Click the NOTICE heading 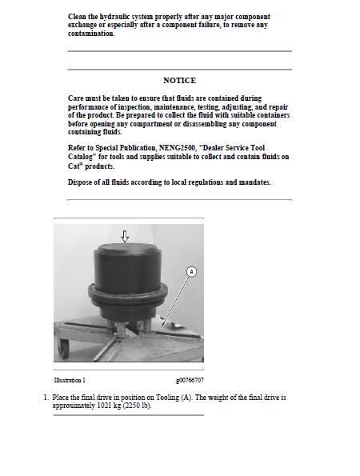pos(179,81)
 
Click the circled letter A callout pos(191,271)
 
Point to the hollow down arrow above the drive pos(125,236)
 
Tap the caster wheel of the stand pos(64,348)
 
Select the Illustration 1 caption pos(70,380)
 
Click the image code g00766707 pos(190,380)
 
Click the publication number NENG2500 pos(177,148)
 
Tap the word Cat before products pos(74,166)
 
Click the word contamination pos(91,34)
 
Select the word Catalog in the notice pos(80,157)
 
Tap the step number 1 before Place pos(46,398)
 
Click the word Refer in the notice pos(76,148)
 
